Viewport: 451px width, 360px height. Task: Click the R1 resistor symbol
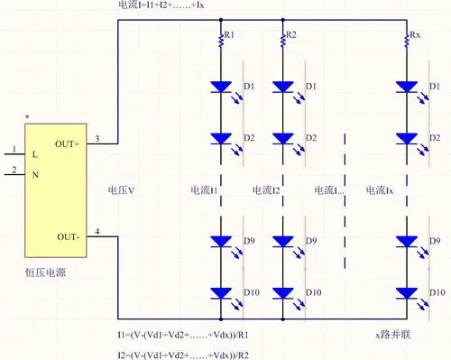pos(220,40)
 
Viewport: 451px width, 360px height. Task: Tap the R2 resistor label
pos(290,35)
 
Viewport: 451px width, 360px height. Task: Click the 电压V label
pos(121,190)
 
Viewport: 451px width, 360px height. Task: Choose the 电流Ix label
pos(380,190)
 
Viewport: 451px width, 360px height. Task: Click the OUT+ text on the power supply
pos(68,144)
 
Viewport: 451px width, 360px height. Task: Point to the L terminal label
pos(34,154)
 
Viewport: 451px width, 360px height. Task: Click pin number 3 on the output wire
pos(98,138)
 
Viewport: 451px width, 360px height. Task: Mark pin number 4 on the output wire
pos(98,233)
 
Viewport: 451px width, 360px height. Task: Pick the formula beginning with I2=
pos(184,354)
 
